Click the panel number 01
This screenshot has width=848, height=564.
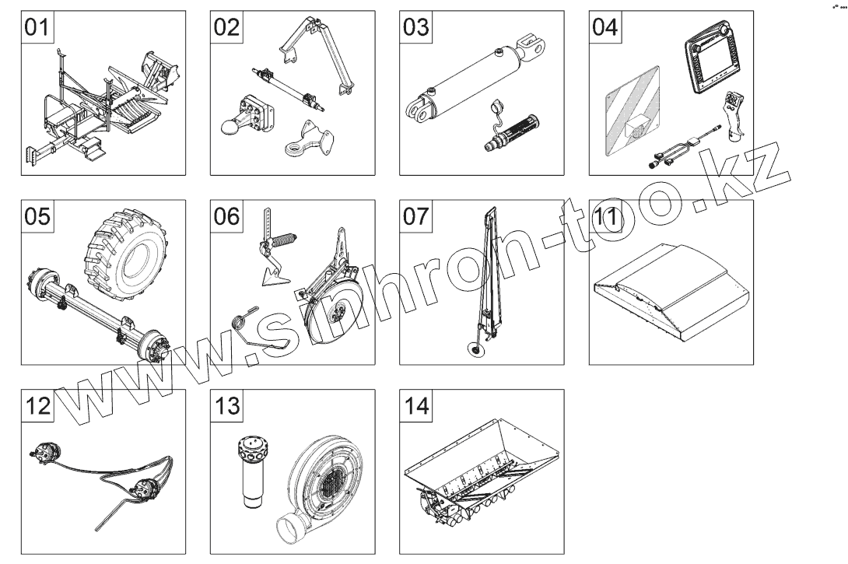coord(37,27)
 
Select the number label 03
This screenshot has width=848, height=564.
coord(415,27)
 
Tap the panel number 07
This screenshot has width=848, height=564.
coord(415,216)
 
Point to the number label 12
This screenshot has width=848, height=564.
coord(37,405)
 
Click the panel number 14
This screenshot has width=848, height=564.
coord(415,405)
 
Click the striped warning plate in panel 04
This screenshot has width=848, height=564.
coord(632,111)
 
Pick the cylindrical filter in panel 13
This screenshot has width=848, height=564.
coord(251,471)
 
